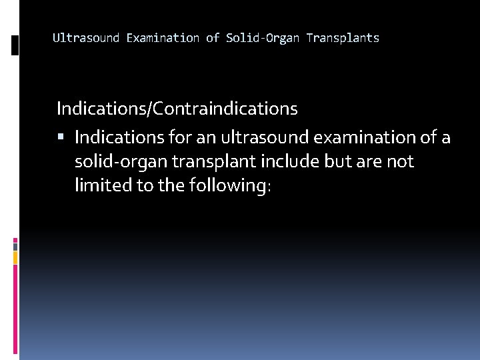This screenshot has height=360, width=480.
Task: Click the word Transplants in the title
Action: click(343, 38)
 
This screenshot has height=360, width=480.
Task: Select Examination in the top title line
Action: click(163, 38)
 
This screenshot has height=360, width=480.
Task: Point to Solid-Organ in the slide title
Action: click(263, 38)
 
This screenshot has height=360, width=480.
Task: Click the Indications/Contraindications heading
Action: click(177, 107)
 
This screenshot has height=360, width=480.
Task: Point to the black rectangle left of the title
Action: click(15, 45)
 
